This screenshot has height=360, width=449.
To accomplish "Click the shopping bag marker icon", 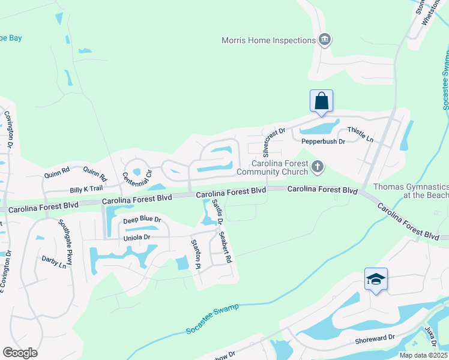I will pos(321,100).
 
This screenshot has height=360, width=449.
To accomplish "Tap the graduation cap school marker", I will pos(376,278).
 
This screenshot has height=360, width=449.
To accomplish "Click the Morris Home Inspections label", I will pos(268,40).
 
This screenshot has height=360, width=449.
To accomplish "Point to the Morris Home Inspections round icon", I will pos(325,40).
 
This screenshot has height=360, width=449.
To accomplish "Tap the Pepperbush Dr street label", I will pos(323,142).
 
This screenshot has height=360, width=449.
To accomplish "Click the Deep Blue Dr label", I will pos(142,220).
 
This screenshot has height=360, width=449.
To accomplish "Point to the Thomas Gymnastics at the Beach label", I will pos(411,191).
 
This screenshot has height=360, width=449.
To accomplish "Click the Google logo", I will pos(20,352).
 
